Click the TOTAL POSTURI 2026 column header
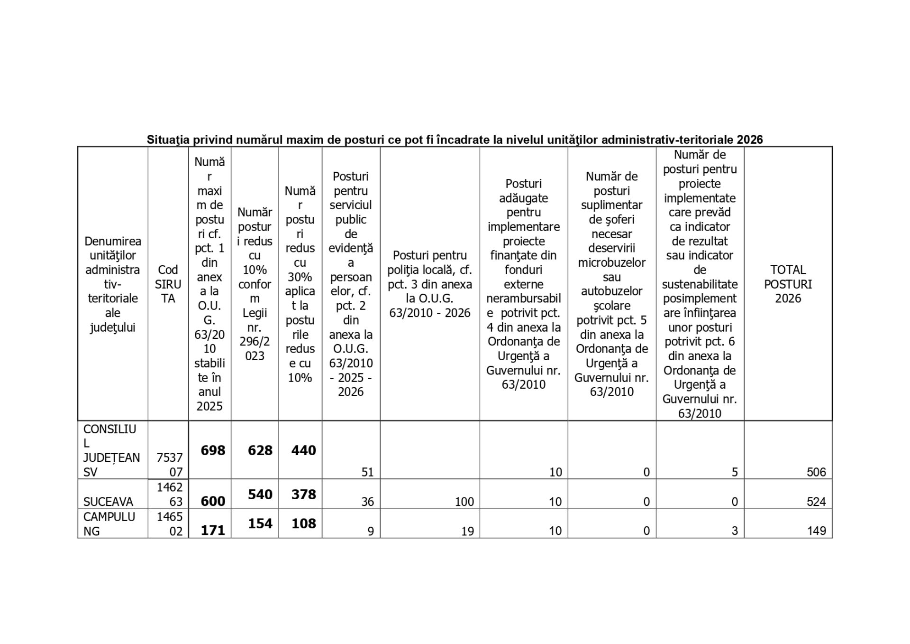(788, 284)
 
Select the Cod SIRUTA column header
(168, 284)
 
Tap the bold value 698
(213, 450)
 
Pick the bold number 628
(260, 450)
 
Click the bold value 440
(303, 450)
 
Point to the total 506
(816, 472)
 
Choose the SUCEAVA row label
(108, 502)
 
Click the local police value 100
(464, 502)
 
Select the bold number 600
(213, 502)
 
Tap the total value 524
(816, 502)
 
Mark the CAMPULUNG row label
(109, 523)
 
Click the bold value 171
(213, 530)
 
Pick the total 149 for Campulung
(817, 531)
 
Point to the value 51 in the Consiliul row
(367, 472)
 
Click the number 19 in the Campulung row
(467, 531)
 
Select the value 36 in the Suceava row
(367, 502)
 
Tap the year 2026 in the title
(750, 140)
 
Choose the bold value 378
(303, 495)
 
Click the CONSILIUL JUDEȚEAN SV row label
(111, 450)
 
